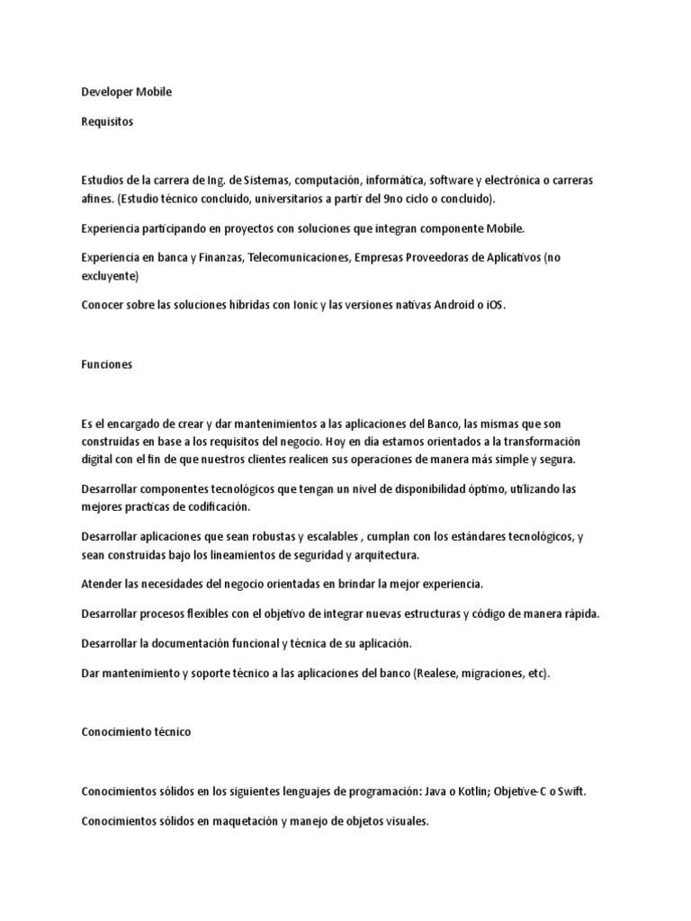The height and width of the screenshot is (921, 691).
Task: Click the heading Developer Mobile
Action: coord(126,93)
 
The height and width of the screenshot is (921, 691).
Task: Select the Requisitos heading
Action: coord(107,122)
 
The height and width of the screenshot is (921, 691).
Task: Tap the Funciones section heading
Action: coord(107,364)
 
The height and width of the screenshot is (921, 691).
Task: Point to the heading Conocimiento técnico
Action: coord(136,732)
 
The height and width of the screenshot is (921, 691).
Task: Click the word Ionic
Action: coord(309,306)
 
